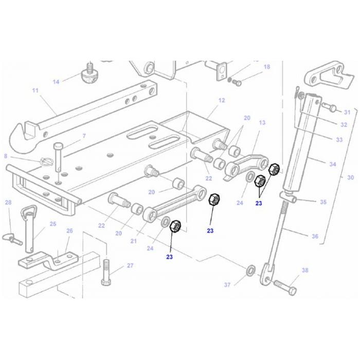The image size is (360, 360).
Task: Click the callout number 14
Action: coord(56,82)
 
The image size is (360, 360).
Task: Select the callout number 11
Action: coord(35,91)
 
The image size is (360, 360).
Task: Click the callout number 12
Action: coord(222,100)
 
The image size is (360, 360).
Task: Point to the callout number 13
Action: coord(262,122)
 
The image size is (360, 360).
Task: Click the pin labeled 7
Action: coord(58,157)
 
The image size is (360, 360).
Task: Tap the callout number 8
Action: coord(6,156)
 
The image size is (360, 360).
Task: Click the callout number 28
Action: coord(8,203)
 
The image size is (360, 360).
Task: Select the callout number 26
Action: coord(69,231)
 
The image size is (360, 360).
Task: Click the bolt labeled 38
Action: coord(285,287)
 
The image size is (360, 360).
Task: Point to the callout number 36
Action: coord(315,236)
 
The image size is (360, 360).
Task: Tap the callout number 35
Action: coord(323,202)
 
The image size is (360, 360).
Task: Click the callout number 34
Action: coord(333,164)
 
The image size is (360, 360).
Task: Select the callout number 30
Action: coord(350,177)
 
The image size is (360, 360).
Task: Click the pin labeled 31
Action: coord(329,107)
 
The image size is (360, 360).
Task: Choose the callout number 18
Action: coord(267,67)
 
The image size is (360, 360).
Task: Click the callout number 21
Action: coord(133,241)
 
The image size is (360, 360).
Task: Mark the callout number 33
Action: coord(339,139)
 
